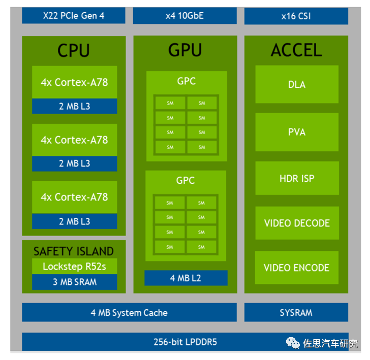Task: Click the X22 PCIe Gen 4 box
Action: pyautogui.click(x=74, y=16)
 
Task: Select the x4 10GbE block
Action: pyautogui.click(x=184, y=16)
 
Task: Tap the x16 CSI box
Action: pyautogui.click(x=296, y=16)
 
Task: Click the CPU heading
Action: pyautogui.click(x=74, y=51)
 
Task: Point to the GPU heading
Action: pyautogui.click(x=185, y=50)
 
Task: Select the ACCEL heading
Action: pyautogui.click(x=296, y=50)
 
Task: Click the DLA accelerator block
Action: pyautogui.click(x=297, y=84)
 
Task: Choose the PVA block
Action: pyautogui.click(x=297, y=132)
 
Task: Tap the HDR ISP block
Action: pyautogui.click(x=297, y=178)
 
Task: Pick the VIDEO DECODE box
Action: pyautogui.click(x=297, y=223)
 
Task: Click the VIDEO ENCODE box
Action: pyautogui.click(x=297, y=268)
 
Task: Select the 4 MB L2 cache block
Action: pyautogui.click(x=186, y=278)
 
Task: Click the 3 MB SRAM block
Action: pyautogui.click(x=74, y=282)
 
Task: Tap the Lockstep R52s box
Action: pyautogui.click(x=74, y=267)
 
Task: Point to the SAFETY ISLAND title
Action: pyautogui.click(x=74, y=251)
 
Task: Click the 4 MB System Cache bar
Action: pyautogui.click(x=129, y=312)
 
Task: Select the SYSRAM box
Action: pyautogui.click(x=296, y=312)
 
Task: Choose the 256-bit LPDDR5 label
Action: pyautogui.click(x=186, y=342)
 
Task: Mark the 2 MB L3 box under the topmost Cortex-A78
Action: pyautogui.click(x=74, y=106)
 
